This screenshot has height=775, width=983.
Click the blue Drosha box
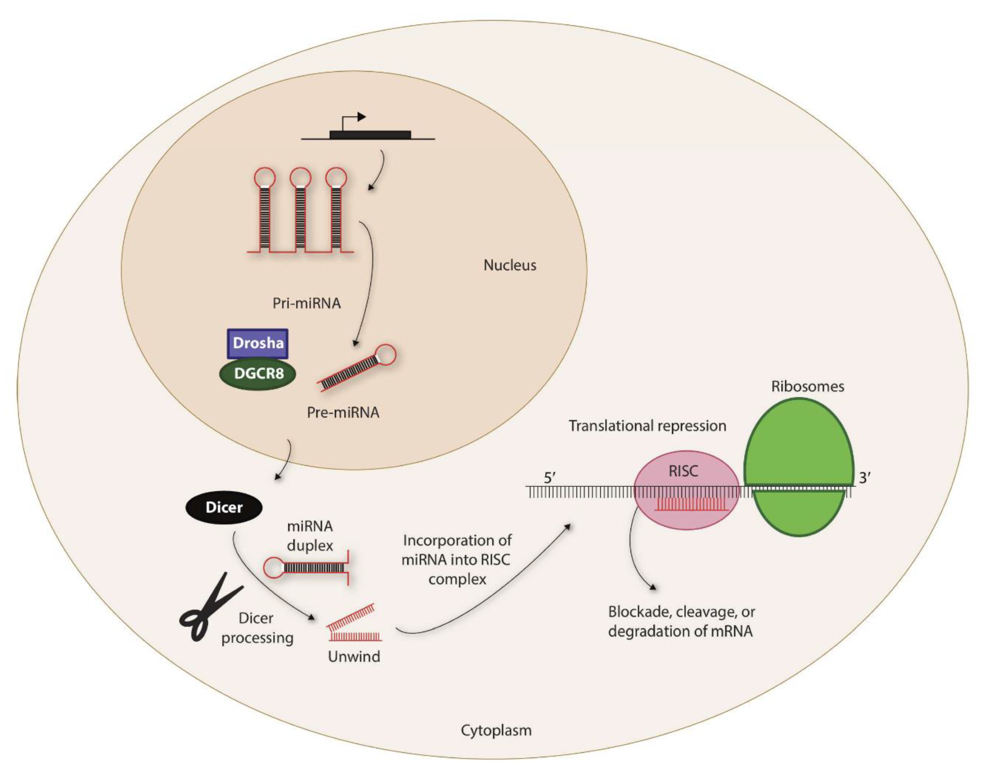point(257,343)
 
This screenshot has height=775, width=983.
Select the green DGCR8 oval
point(258,374)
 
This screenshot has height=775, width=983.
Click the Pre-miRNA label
point(343,412)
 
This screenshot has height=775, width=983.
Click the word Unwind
point(354,657)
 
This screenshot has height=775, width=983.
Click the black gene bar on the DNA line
point(370,135)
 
